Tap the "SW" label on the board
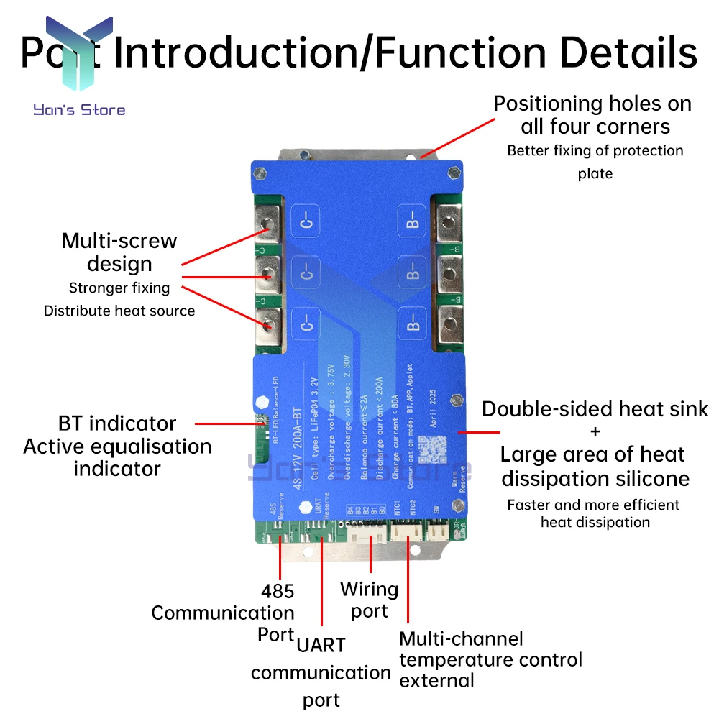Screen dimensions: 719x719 436,509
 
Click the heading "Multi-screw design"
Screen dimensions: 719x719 119,252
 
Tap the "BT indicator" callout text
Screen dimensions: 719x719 117,423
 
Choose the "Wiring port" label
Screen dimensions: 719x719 370,600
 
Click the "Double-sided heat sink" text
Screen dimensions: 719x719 595,409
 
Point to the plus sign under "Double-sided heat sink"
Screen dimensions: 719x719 595,432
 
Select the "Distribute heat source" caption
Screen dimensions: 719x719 119,311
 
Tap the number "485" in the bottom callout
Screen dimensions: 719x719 278,591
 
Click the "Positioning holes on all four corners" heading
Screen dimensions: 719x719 592,115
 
